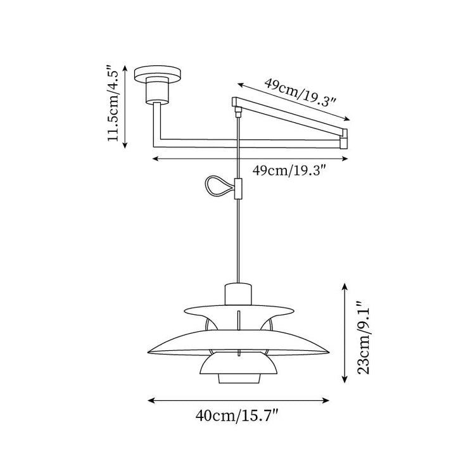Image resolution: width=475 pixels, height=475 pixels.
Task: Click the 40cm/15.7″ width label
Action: [x=238, y=416]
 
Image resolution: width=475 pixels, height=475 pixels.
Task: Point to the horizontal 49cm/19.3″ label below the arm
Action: [x=289, y=170]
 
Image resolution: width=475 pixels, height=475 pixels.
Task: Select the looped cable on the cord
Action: [x=217, y=186]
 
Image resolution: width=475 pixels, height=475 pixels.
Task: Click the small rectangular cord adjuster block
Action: [x=238, y=189]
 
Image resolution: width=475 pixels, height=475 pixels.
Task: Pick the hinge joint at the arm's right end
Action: [x=344, y=138]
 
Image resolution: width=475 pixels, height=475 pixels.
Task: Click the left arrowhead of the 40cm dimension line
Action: [x=151, y=400]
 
